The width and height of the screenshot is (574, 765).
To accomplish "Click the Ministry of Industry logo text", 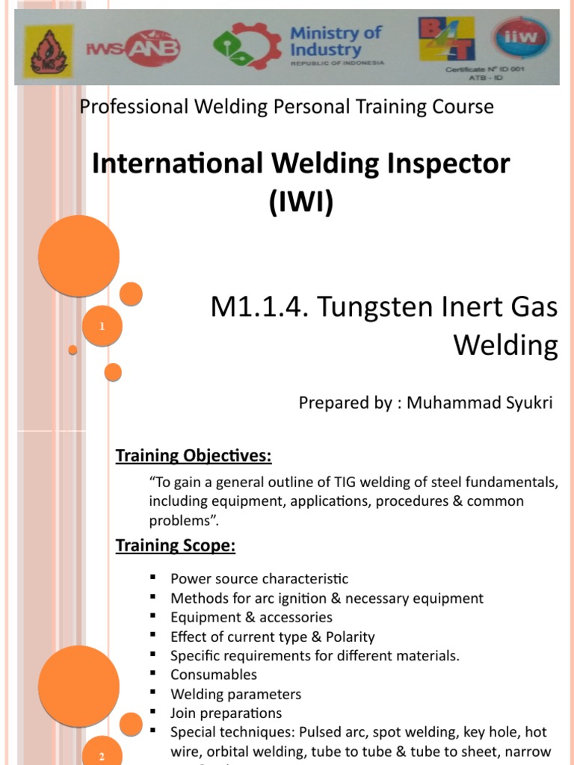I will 336,43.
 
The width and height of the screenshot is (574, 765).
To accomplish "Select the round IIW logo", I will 520,38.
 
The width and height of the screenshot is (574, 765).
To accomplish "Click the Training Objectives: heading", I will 194,456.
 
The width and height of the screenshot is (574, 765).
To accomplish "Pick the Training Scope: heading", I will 176,546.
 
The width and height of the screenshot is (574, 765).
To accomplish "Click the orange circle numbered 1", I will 102,327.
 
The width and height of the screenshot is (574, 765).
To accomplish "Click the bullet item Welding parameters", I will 236,694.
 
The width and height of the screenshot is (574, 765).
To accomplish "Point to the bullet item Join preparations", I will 226,713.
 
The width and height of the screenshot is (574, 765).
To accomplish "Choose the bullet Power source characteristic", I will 259,579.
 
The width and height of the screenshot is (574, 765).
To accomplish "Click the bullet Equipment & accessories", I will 251,617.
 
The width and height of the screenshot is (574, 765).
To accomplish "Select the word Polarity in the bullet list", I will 350,637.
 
